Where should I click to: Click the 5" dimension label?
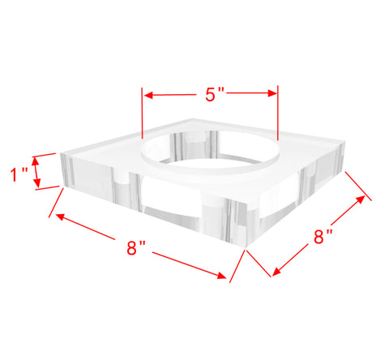click(215, 95)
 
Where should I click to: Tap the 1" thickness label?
click(19, 174)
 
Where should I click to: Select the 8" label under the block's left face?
click(136, 248)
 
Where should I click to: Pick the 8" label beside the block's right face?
click(323, 237)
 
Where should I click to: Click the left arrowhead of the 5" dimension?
click(149, 95)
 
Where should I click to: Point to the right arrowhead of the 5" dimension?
click(272, 93)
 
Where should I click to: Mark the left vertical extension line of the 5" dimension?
click(142, 113)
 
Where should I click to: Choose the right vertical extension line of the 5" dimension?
click(278, 113)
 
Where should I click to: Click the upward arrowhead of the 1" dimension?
click(35, 161)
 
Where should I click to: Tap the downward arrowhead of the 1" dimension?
click(37, 182)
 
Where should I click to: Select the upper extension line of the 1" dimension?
click(44, 155)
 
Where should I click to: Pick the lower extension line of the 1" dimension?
click(47, 188)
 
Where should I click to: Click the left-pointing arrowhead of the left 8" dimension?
click(60, 216)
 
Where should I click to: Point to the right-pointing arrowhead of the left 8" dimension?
click(222, 275)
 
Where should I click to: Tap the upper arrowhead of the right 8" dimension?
click(361, 199)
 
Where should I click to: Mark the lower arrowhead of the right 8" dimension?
click(276, 272)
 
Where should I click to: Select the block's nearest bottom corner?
click(246, 246)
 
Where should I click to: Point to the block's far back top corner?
click(192, 118)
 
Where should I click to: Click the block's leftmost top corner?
click(61, 154)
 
